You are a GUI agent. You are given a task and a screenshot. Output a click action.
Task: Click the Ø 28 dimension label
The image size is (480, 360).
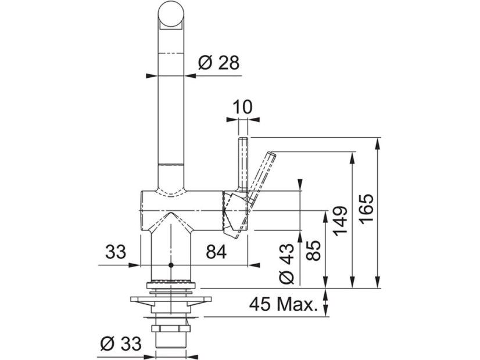[x=218, y=63]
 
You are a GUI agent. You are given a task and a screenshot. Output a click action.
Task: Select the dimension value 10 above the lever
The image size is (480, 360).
[x=243, y=107]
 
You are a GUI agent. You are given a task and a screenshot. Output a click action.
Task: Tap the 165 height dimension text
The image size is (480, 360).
[x=367, y=208]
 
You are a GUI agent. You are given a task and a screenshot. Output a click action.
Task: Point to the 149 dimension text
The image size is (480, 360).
[x=340, y=221]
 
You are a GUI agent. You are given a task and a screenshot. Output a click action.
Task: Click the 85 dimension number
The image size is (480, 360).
[x=313, y=250]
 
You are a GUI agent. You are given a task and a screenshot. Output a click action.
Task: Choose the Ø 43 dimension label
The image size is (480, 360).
[x=287, y=264]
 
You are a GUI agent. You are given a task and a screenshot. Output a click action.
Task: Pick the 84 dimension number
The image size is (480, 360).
[x=216, y=252]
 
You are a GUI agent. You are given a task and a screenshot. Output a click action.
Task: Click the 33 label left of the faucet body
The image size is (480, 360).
[x=116, y=252]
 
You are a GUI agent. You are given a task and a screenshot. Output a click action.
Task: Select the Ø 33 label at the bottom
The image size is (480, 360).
[x=121, y=344]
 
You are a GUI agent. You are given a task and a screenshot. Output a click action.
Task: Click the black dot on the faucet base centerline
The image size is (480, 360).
[x=171, y=265]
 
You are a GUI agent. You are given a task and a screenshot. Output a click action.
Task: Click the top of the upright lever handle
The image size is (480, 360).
[x=243, y=139]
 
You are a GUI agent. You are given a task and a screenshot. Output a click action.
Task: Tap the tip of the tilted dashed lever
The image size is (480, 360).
[x=272, y=154]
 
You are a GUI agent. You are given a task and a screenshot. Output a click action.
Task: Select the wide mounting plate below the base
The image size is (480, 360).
[x=171, y=300]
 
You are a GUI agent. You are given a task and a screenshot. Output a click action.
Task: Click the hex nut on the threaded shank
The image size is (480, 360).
[x=171, y=329]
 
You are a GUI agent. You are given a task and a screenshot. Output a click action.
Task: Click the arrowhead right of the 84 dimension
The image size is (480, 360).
[x=253, y=265]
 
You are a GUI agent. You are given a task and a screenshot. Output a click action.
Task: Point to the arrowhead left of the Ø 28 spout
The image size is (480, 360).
[x=152, y=75]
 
